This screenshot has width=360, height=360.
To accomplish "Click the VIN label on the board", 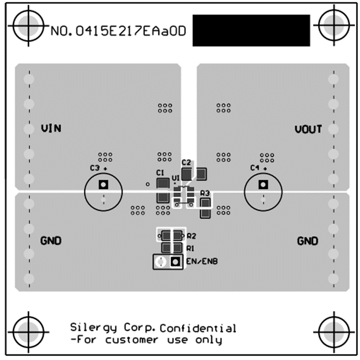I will coord(51,128).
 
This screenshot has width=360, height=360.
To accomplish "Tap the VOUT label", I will coord(308,129).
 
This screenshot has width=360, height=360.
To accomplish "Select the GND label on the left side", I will coord(51,241).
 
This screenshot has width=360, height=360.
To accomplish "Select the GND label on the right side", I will coord(307,241).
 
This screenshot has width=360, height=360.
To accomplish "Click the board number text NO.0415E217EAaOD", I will coord(118,31).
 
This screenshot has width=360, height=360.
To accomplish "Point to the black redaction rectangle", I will coord(251,30).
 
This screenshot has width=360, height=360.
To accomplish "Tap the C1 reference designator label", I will coord(160,172).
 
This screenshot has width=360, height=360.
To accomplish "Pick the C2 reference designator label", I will coord(186,162).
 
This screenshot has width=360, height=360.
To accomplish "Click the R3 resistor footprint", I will coord(205,207).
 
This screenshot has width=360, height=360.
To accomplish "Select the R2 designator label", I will coord(191,235).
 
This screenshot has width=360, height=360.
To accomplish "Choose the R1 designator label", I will coord(190,248).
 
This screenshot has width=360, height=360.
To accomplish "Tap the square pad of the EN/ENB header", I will coord(175,261).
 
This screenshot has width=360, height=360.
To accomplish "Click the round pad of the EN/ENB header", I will coord(160,261).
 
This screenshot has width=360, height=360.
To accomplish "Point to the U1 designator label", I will coord(175,178).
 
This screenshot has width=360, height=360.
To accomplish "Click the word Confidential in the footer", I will coord(198,328).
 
